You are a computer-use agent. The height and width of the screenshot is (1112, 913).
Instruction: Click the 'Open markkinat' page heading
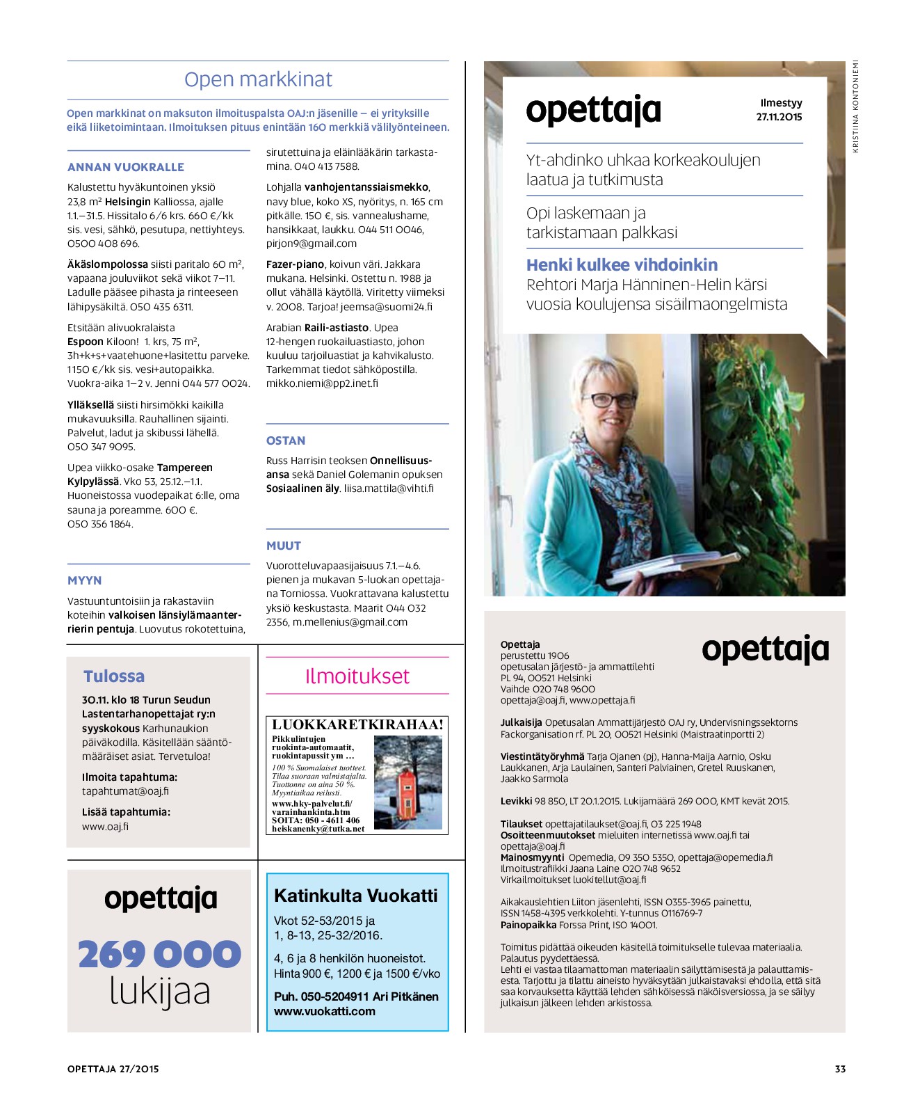pos(258,79)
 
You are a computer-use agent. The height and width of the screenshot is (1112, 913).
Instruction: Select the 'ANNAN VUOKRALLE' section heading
pos(126,167)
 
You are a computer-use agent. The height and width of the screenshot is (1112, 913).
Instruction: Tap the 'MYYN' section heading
pos(85,580)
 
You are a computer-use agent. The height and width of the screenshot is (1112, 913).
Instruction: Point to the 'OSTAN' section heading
pos(286,440)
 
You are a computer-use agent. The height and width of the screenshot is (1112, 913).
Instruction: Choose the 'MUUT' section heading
pos(284,546)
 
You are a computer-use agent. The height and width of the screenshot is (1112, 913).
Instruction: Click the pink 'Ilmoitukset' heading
pos(357,676)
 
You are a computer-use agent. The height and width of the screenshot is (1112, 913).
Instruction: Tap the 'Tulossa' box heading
pos(114,676)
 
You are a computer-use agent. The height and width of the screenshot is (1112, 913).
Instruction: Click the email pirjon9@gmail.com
pos(312,244)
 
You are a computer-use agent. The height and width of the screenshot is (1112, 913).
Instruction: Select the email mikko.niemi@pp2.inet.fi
pos(322,383)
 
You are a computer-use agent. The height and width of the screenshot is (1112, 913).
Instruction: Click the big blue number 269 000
pos(159,954)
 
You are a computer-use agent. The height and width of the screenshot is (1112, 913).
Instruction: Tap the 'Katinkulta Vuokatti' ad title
pos(356,895)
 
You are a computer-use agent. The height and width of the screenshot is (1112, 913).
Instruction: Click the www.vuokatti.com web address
pos(325,1011)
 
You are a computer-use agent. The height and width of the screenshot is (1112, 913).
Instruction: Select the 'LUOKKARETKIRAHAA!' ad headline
pos(357,724)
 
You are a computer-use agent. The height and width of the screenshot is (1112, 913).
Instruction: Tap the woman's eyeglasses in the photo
pos(611,401)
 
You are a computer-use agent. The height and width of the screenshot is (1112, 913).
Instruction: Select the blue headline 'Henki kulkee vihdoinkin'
pos(622,265)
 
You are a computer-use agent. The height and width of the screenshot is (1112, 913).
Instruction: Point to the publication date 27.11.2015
pos(779,117)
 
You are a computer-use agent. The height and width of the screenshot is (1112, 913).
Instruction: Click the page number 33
pos(840,1069)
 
